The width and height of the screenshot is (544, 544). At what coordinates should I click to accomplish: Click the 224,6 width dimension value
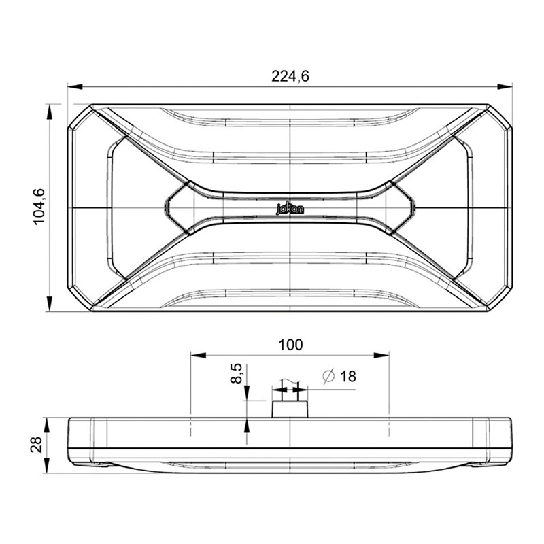pos(290,76)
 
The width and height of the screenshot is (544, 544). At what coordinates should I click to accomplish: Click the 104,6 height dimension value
pos(39,206)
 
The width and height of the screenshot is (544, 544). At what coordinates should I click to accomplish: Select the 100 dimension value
pos(290,345)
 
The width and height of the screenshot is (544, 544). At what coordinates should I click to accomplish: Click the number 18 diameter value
pos(347,376)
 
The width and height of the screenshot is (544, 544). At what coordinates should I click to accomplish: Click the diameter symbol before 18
pos(328,376)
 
